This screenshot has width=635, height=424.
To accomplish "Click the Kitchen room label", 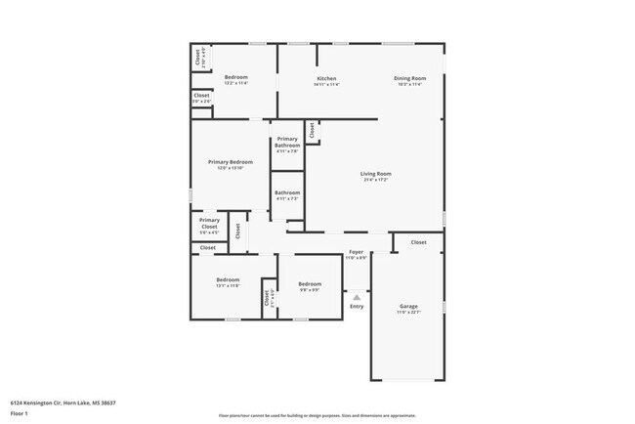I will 326,78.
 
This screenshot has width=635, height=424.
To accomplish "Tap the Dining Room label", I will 410,78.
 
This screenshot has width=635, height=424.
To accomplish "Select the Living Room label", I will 376,174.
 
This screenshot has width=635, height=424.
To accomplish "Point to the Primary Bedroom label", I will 231,161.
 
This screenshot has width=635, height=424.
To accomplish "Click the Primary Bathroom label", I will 287,143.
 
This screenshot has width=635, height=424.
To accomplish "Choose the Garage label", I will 407,306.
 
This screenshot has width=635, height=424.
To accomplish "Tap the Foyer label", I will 357,252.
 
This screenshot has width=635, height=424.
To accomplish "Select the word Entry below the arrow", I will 357,307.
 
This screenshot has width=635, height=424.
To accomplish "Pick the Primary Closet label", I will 210,223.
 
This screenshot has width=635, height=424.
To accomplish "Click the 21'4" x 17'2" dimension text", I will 376,180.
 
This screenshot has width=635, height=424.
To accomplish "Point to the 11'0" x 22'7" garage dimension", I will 407,312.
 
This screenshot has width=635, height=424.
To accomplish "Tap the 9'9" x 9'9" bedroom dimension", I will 310,289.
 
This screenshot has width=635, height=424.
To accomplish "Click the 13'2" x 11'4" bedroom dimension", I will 236,83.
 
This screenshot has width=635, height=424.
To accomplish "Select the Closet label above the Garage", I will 418,242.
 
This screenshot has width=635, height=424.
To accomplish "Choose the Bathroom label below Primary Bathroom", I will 287,193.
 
